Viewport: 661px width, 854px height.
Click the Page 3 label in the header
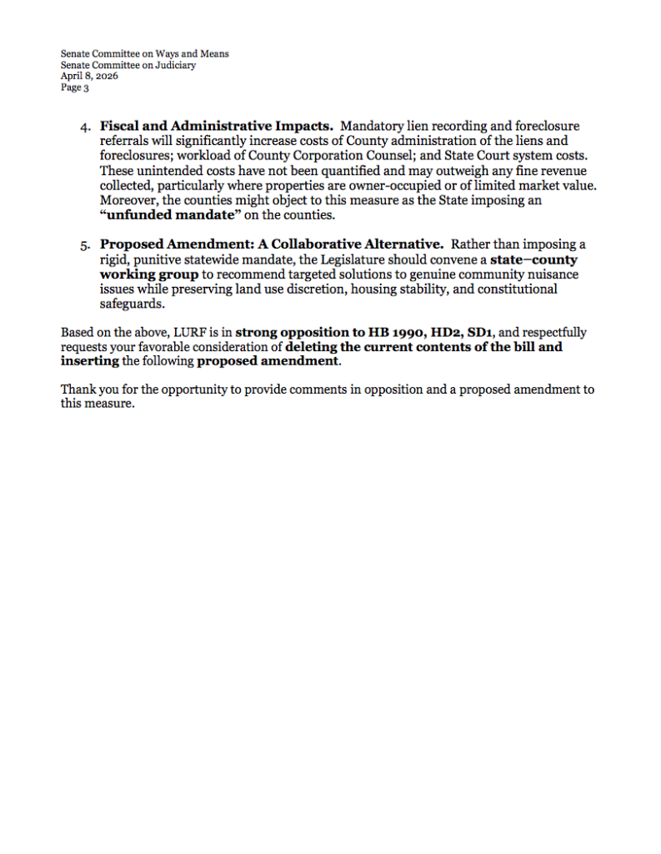(x=74, y=87)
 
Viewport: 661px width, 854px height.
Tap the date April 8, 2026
(x=88, y=76)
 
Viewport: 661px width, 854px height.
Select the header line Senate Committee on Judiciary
(x=128, y=65)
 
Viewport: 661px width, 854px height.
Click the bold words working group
(x=149, y=274)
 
